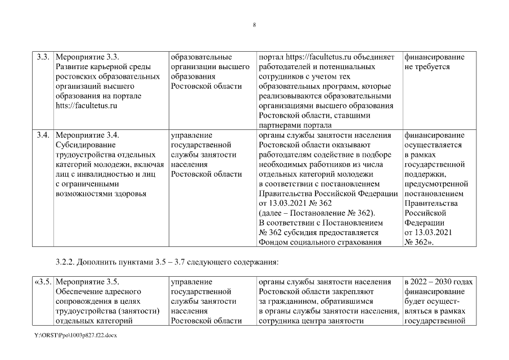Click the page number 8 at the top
click(x=254, y=25)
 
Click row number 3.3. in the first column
click(x=44, y=57)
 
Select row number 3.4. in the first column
click(x=44, y=135)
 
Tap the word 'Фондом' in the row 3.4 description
click(x=273, y=242)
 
